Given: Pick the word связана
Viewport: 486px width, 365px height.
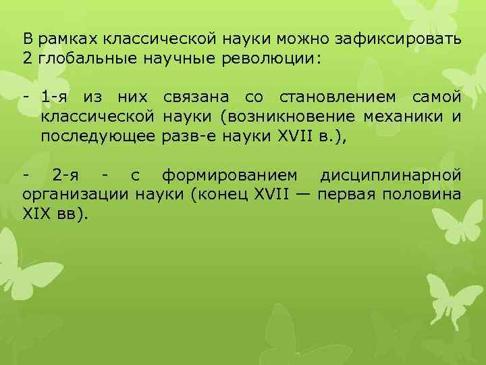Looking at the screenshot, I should pos(196,98).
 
